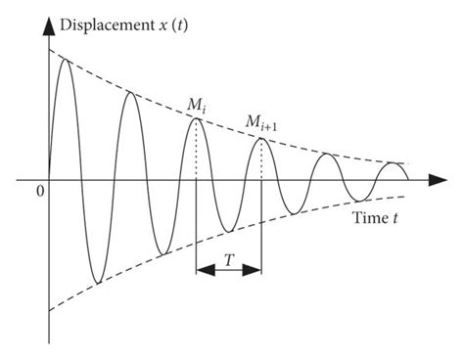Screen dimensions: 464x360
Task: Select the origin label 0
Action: pyautogui.click(x=38, y=192)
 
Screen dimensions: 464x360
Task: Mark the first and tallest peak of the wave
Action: pyautogui.click(x=66, y=60)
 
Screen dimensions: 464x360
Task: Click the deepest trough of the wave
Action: pyautogui.click(x=97, y=284)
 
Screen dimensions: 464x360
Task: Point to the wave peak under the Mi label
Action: pyautogui.click(x=196, y=118)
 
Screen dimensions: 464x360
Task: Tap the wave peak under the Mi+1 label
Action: pyautogui.click(x=261, y=139)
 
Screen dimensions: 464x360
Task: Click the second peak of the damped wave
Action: pyautogui.click(x=130, y=93)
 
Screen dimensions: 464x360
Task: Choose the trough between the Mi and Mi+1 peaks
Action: pyautogui.click(x=228, y=232)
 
